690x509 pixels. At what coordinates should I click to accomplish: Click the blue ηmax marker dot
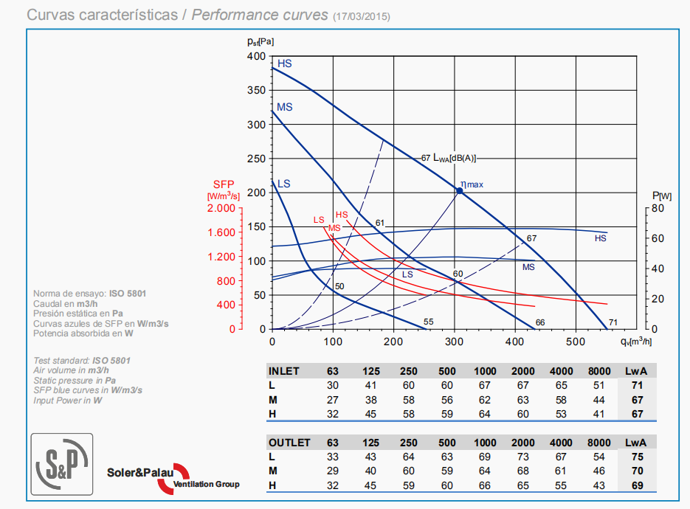click(x=459, y=190)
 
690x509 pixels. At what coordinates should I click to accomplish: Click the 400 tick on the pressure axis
click(x=256, y=56)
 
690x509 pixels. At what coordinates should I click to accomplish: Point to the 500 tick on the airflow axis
click(x=575, y=342)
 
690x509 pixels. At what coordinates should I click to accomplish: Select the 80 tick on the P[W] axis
click(x=658, y=209)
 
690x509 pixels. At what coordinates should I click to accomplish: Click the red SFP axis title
click(x=224, y=184)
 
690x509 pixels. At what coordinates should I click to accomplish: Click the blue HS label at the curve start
click(x=285, y=64)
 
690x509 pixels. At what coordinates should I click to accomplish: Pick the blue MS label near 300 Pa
click(x=285, y=107)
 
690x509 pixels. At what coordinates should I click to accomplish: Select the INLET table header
click(x=284, y=371)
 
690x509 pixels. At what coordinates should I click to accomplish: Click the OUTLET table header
click(x=289, y=443)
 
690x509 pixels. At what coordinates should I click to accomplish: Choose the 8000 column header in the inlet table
click(x=599, y=371)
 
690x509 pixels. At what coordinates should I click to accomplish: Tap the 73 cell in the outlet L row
click(x=522, y=457)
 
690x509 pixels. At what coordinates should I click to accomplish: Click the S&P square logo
click(x=61, y=463)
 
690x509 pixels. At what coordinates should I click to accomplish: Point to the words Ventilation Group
click(x=206, y=485)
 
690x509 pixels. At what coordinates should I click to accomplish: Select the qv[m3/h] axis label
click(x=637, y=341)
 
